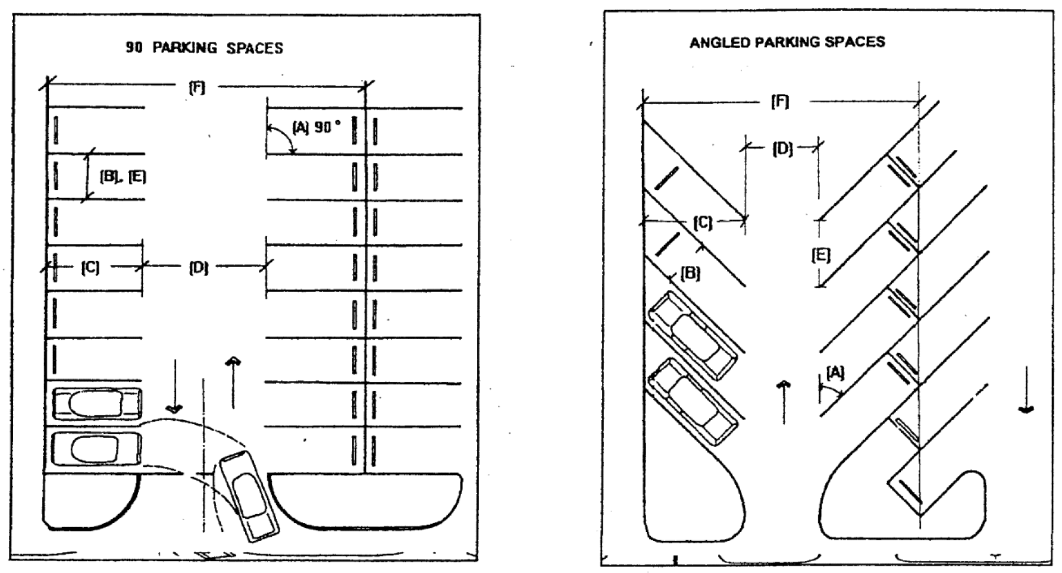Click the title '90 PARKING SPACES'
coord(204,48)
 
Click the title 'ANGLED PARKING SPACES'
coord(787,42)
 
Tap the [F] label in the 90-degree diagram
coord(197,88)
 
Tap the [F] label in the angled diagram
coord(780,102)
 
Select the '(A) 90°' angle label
coord(317,127)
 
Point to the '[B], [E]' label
coord(123,177)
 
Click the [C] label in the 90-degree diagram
coord(90,268)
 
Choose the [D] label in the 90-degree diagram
coord(199,268)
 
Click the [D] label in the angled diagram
coord(782,149)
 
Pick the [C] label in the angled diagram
coord(703,223)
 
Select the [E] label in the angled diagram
coord(821,255)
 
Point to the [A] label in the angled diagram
coord(835,373)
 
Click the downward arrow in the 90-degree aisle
coord(174,386)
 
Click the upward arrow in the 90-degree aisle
coord(233,381)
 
